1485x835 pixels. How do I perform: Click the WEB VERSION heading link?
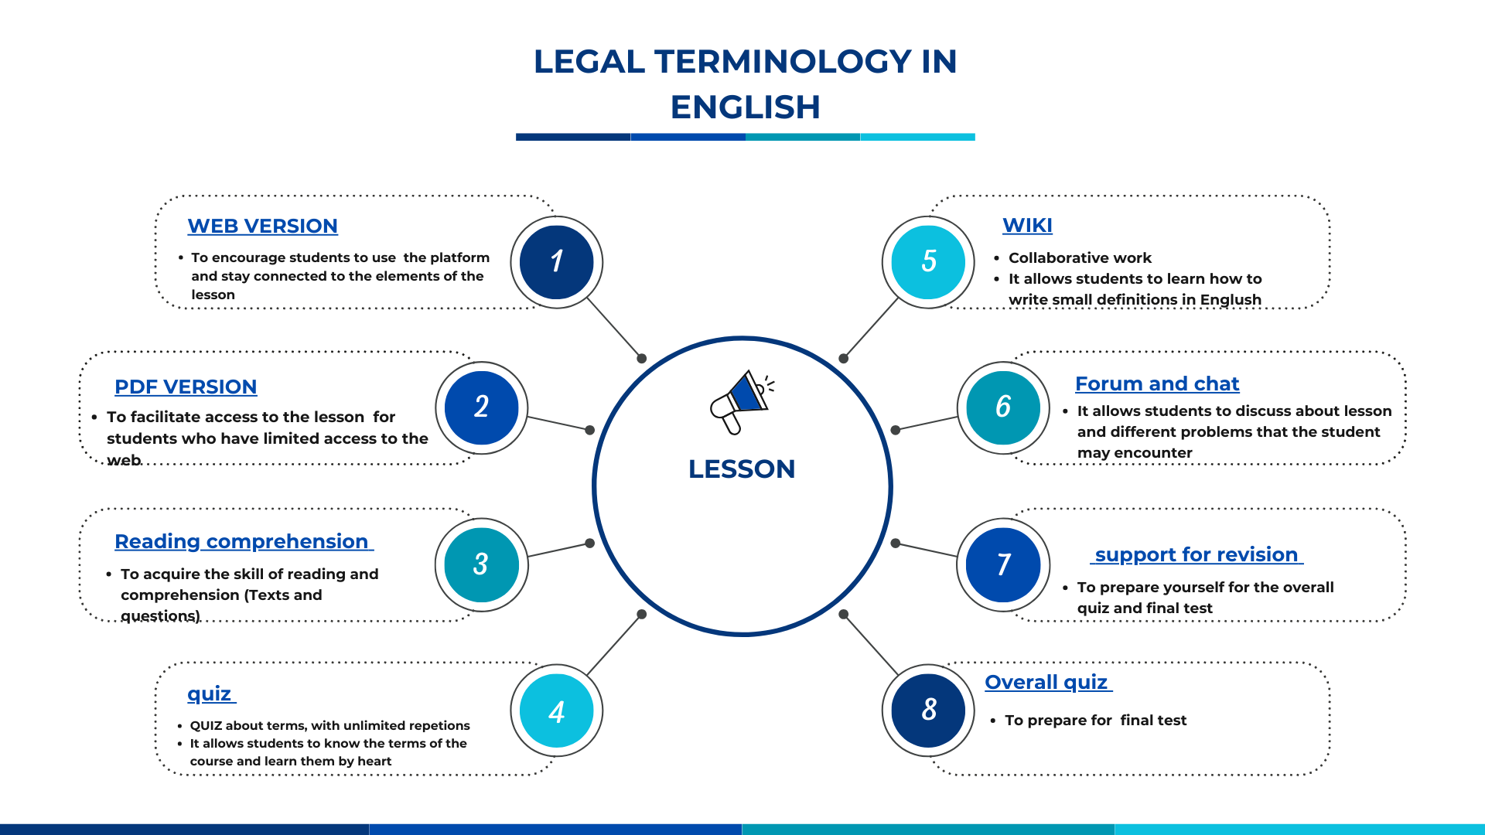[262, 226]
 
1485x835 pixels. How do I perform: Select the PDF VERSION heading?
[186, 387]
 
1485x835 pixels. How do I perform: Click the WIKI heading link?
[1027, 225]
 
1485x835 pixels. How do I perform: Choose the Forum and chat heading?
[1157, 383]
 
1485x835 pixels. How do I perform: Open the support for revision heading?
[1197, 554]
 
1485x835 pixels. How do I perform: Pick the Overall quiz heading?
[1048, 683]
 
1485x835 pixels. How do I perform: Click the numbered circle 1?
[557, 262]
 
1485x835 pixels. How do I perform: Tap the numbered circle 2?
[482, 408]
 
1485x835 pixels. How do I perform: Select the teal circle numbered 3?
[482, 565]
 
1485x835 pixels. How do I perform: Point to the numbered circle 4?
[557, 711]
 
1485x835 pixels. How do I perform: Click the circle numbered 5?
[928, 262]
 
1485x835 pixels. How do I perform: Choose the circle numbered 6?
[1003, 408]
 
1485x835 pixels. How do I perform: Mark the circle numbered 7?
[1003, 565]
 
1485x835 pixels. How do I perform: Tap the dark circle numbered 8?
[928, 711]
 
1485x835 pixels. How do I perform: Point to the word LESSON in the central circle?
[742, 469]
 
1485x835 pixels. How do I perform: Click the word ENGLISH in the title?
[745, 107]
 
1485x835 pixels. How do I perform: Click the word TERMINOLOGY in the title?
[783, 62]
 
